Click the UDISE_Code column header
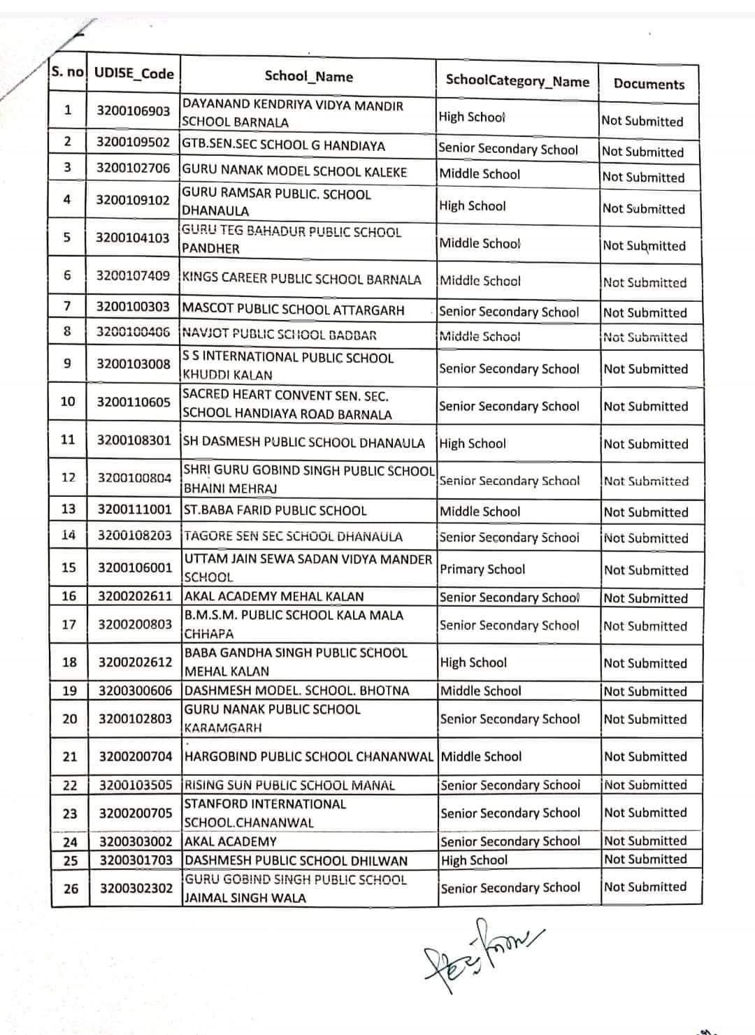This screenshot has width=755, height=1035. click(134, 73)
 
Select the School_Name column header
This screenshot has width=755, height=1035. click(308, 77)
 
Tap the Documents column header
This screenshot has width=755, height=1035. click(649, 84)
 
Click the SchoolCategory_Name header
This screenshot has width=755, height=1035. click(517, 81)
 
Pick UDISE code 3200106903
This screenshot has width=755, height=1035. click(133, 111)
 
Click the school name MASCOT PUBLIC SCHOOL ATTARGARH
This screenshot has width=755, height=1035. click(293, 309)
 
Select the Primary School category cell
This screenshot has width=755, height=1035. click(482, 569)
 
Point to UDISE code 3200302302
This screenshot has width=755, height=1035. click(136, 888)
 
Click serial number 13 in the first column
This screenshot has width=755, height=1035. click(68, 509)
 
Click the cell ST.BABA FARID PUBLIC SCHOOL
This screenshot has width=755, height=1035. click(275, 510)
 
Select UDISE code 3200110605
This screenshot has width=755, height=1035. click(134, 402)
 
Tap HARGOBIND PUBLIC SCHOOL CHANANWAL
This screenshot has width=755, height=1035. click(308, 756)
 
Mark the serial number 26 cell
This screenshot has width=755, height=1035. click(71, 888)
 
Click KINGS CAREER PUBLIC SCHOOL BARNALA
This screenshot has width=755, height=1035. click(301, 279)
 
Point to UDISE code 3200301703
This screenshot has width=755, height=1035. click(136, 860)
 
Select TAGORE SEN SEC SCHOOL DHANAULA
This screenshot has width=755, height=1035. click(293, 537)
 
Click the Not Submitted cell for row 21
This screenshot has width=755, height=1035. click(645, 756)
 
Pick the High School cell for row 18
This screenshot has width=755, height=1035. click(473, 663)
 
